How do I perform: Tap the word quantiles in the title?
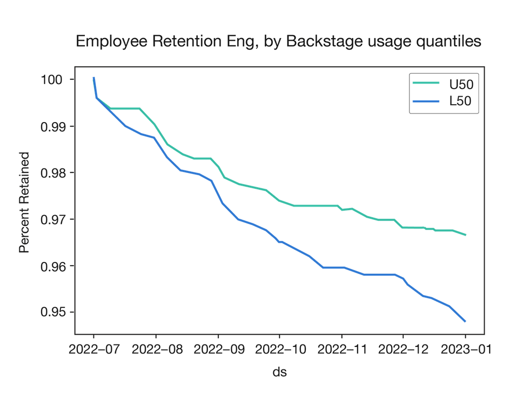click(x=449, y=42)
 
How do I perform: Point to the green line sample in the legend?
click(x=426, y=83)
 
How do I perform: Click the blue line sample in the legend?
click(x=426, y=101)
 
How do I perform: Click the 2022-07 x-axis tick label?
click(x=94, y=351)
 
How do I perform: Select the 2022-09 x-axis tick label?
click(x=218, y=351)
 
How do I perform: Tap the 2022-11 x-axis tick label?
click(x=342, y=351)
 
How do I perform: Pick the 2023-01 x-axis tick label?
click(x=465, y=351)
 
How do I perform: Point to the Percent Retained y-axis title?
click(x=23, y=202)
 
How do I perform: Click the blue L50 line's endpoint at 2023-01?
click(x=465, y=322)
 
